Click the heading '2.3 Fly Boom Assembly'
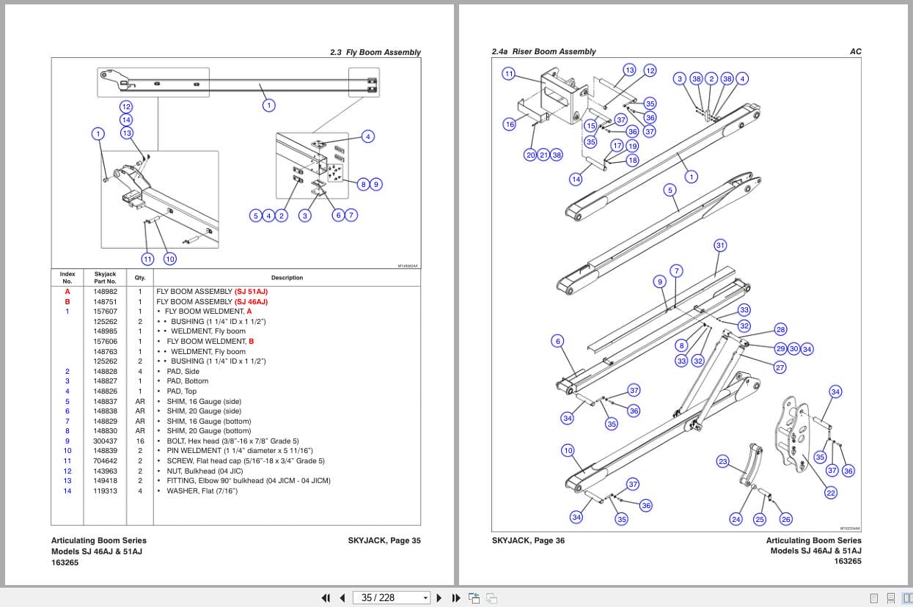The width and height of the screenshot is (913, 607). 375,52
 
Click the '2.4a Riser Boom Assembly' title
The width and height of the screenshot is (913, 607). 543,51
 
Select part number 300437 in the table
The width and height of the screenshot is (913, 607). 105,441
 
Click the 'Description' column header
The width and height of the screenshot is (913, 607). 287,278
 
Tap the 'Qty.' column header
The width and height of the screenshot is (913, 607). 140,278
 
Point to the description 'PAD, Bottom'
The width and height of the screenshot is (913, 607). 187,381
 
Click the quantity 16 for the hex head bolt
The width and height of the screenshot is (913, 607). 140,441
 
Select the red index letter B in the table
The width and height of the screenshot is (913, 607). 67,301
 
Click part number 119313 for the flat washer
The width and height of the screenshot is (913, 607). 105,491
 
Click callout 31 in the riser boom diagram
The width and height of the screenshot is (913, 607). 720,246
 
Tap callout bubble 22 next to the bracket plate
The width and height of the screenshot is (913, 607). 831,493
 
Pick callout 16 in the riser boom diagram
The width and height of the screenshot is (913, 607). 510,125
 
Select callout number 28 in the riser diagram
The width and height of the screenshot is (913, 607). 780,330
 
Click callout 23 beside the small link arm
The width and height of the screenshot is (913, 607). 723,461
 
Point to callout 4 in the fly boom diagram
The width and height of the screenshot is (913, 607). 368,136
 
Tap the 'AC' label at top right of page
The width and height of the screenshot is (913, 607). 855,51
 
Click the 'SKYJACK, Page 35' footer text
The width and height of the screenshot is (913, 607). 384,541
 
